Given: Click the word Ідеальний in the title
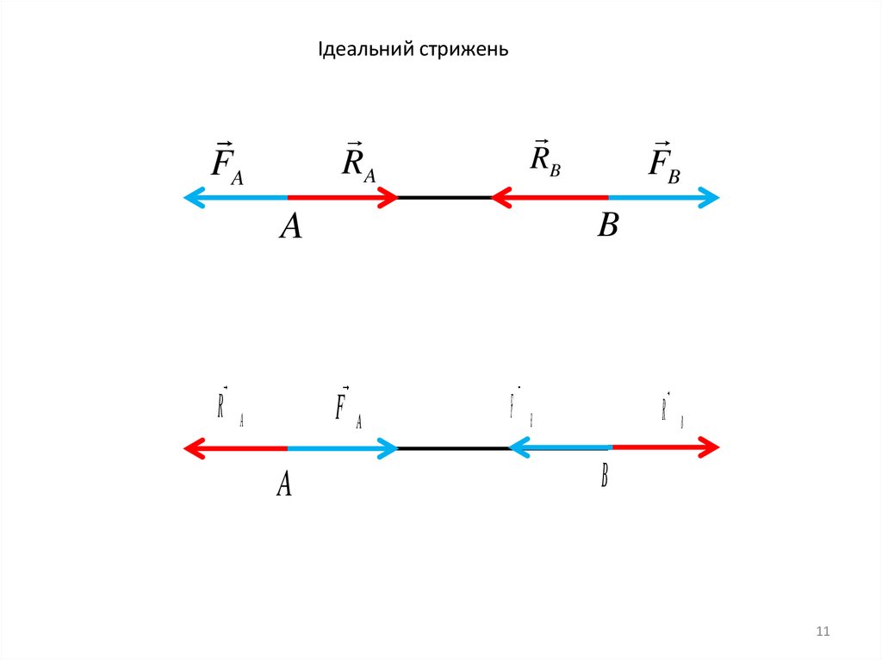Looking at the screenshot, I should [365, 50].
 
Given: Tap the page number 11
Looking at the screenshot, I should [822, 632].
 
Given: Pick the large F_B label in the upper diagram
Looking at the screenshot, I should [663, 161].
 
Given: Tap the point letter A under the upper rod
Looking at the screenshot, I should [291, 226].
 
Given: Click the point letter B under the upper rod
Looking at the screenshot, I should [608, 225].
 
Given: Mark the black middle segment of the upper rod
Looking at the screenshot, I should [444, 198].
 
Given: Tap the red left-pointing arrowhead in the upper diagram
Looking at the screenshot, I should [500, 199].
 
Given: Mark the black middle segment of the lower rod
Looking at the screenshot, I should [452, 448].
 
